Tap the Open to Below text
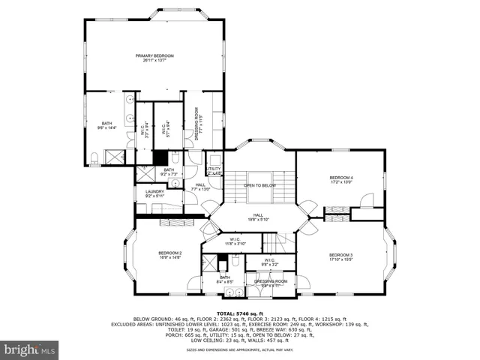[x=260, y=185]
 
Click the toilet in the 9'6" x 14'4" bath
[x=94, y=157]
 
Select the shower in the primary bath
[x=115, y=157]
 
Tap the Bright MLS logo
[x=30, y=349]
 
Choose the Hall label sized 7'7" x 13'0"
[x=200, y=187]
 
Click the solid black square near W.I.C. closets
[x=160, y=157]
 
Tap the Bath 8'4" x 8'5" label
[x=226, y=280]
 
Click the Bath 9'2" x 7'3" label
[x=169, y=172]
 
